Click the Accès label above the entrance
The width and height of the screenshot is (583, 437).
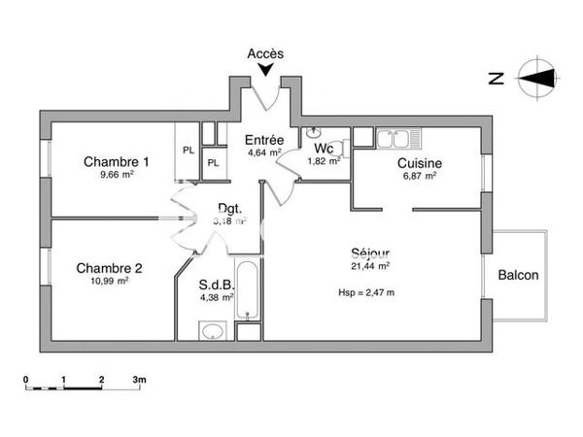coord(265,53)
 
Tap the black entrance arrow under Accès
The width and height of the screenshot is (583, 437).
coord(265,69)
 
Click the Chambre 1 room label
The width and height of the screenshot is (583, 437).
coord(117,161)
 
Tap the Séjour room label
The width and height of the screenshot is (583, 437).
coord(370,252)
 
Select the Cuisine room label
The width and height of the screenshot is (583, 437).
coord(420,163)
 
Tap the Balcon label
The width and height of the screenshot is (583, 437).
coord(518,275)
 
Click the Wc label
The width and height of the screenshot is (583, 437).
coord(324,149)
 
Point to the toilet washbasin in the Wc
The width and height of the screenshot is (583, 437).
coord(313,133)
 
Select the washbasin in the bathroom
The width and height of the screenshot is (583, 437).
coord(212,331)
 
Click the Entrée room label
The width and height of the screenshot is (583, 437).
coord(263,139)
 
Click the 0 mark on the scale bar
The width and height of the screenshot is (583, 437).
coord(26,379)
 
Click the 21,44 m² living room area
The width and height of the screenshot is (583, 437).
coord(370,265)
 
